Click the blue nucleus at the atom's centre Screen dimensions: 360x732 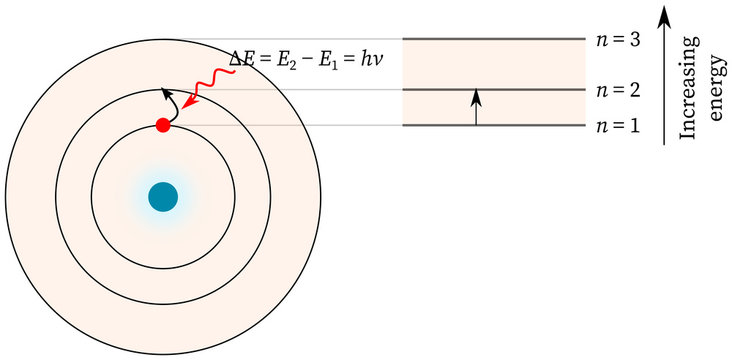(162, 197)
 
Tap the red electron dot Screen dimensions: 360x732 (162, 126)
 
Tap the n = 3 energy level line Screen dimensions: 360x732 (492, 40)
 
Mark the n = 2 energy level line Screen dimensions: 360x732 (492, 90)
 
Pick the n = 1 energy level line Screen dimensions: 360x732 (492, 125)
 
